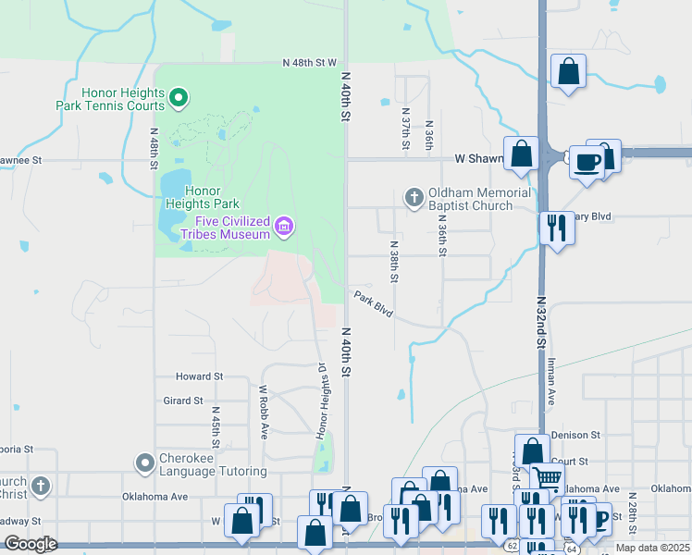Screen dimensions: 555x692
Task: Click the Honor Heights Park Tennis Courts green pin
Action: click(180, 96)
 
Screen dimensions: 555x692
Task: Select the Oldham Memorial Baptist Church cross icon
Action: click(414, 196)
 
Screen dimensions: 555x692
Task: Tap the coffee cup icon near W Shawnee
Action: click(586, 164)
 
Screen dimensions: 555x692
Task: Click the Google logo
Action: click(31, 544)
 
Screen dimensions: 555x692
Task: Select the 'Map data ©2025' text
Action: click(652, 548)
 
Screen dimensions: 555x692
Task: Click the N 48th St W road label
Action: click(309, 63)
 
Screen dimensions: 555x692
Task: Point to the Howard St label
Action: click(200, 376)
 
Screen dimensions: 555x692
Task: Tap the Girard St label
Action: click(183, 401)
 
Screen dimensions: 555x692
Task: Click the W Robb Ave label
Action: click(264, 412)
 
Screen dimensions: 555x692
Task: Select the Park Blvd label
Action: click(373, 303)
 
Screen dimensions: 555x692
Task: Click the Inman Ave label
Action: click(550, 378)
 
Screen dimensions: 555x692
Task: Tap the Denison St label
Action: click(575, 435)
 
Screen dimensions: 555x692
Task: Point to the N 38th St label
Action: click(394, 263)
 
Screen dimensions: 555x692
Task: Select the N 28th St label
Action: click(631, 511)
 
